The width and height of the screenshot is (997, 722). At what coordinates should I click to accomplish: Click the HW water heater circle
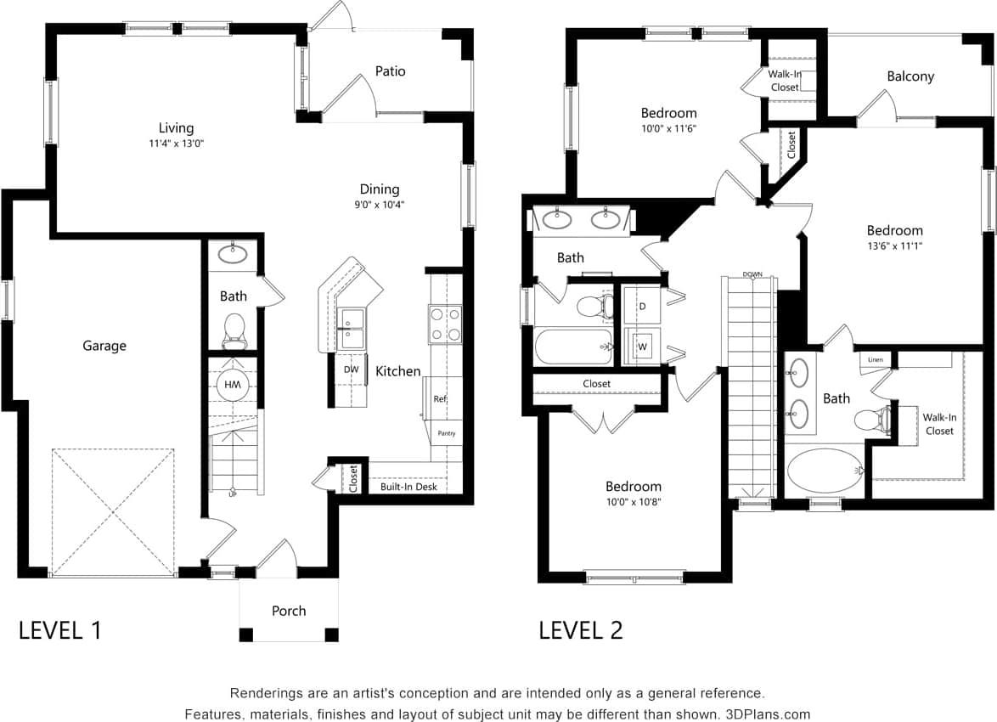232,385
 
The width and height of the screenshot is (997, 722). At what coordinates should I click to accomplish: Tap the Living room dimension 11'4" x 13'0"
176,144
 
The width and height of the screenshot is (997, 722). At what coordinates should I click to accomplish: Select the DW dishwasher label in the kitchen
351,369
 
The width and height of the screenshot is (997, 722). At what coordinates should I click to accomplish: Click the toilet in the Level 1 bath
234,330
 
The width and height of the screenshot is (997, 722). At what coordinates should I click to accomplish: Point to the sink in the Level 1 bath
233,253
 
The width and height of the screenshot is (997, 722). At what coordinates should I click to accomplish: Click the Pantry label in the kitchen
447,433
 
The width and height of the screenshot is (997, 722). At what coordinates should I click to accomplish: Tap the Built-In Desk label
408,487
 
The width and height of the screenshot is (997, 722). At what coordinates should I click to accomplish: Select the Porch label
289,611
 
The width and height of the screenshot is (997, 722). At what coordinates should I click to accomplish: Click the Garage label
104,346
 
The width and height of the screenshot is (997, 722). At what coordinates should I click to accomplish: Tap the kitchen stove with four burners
445,324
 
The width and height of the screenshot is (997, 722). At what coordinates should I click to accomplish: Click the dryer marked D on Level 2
642,306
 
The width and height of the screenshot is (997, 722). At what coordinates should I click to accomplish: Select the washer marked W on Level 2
642,347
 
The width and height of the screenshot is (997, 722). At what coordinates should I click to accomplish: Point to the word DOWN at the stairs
752,274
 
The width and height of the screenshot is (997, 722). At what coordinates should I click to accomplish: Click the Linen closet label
876,360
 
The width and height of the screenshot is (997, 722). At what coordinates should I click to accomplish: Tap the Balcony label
910,76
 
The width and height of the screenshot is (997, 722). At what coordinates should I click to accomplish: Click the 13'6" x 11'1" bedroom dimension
894,246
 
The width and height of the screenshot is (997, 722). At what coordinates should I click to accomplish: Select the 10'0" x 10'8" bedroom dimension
633,502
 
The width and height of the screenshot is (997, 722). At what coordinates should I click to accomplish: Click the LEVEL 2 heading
581,630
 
